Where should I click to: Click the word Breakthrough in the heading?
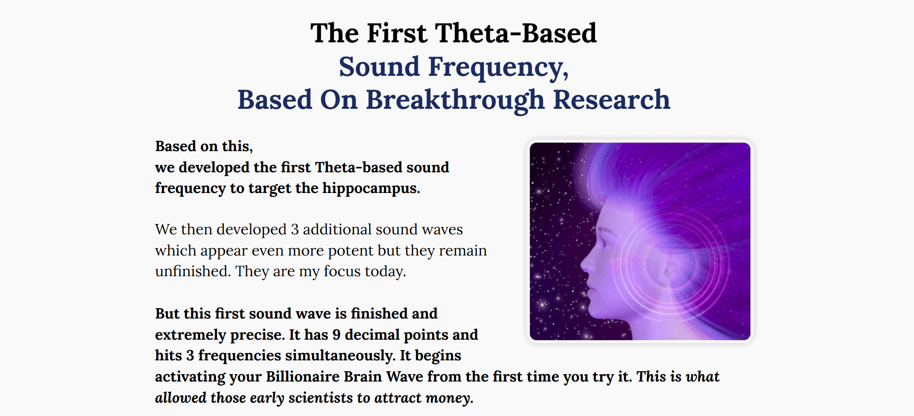point(455,100)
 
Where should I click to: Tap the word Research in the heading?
point(611,99)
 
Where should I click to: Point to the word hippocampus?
point(371,189)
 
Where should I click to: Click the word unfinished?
point(193,271)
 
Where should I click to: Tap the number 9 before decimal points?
point(336,335)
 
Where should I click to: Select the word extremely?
point(190,335)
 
